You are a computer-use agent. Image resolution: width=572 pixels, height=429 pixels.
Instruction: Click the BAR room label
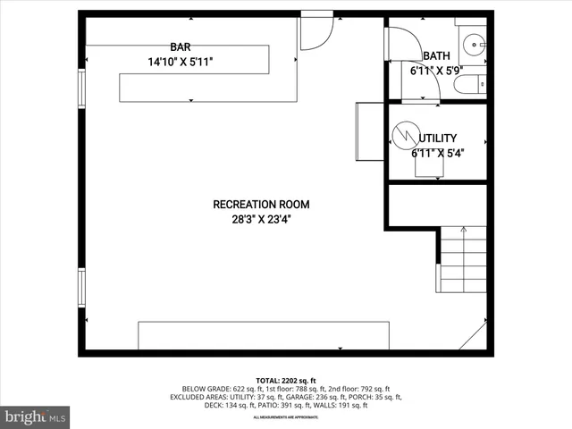click(181, 46)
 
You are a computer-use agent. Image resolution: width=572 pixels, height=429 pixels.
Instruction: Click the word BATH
click(424, 55)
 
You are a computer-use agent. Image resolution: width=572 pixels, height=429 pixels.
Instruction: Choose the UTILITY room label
click(438, 138)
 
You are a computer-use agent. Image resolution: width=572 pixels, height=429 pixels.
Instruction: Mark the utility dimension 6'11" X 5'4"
click(438, 152)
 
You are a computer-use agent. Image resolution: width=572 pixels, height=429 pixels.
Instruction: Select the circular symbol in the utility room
click(407, 135)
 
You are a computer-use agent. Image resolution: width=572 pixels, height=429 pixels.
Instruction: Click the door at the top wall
click(315, 31)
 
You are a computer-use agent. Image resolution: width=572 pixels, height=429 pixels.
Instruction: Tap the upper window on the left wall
click(81, 89)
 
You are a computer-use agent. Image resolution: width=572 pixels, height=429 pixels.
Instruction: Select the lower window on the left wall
click(81, 286)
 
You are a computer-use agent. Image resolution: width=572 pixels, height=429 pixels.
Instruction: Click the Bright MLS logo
click(36, 416)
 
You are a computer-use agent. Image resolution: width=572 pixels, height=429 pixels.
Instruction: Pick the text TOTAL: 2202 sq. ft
click(287, 380)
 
